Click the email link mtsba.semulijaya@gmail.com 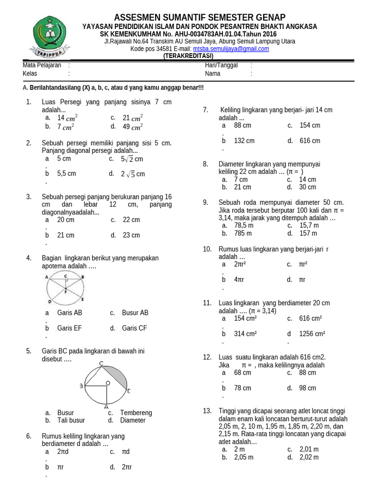coord(231,49)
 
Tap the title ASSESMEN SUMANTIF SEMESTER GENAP coord(199,18)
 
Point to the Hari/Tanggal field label coord(221,65)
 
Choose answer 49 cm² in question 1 coord(133,126)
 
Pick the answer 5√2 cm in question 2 coord(132,159)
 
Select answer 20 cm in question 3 coord(66,220)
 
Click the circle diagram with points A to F coord(65,288)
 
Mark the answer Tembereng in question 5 coord(136,413)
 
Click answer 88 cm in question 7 coord(242,125)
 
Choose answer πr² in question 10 coord(303,264)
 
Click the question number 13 coord(207,411)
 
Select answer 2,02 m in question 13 coord(309,457)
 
